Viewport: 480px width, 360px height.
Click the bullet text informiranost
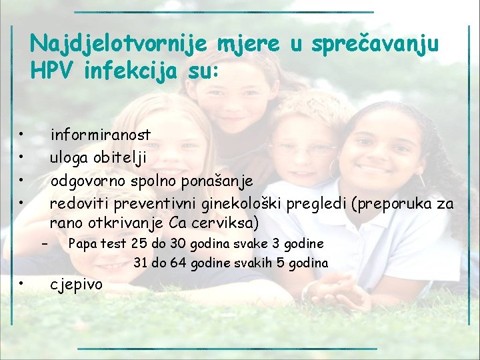(101, 135)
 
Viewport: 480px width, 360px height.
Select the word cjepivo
(77, 285)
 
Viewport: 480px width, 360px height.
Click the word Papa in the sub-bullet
(81, 243)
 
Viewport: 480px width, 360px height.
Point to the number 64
(178, 263)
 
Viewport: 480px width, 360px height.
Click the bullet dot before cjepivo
(22, 284)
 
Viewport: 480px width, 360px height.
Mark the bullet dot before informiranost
(22, 135)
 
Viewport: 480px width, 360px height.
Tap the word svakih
(251, 263)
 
